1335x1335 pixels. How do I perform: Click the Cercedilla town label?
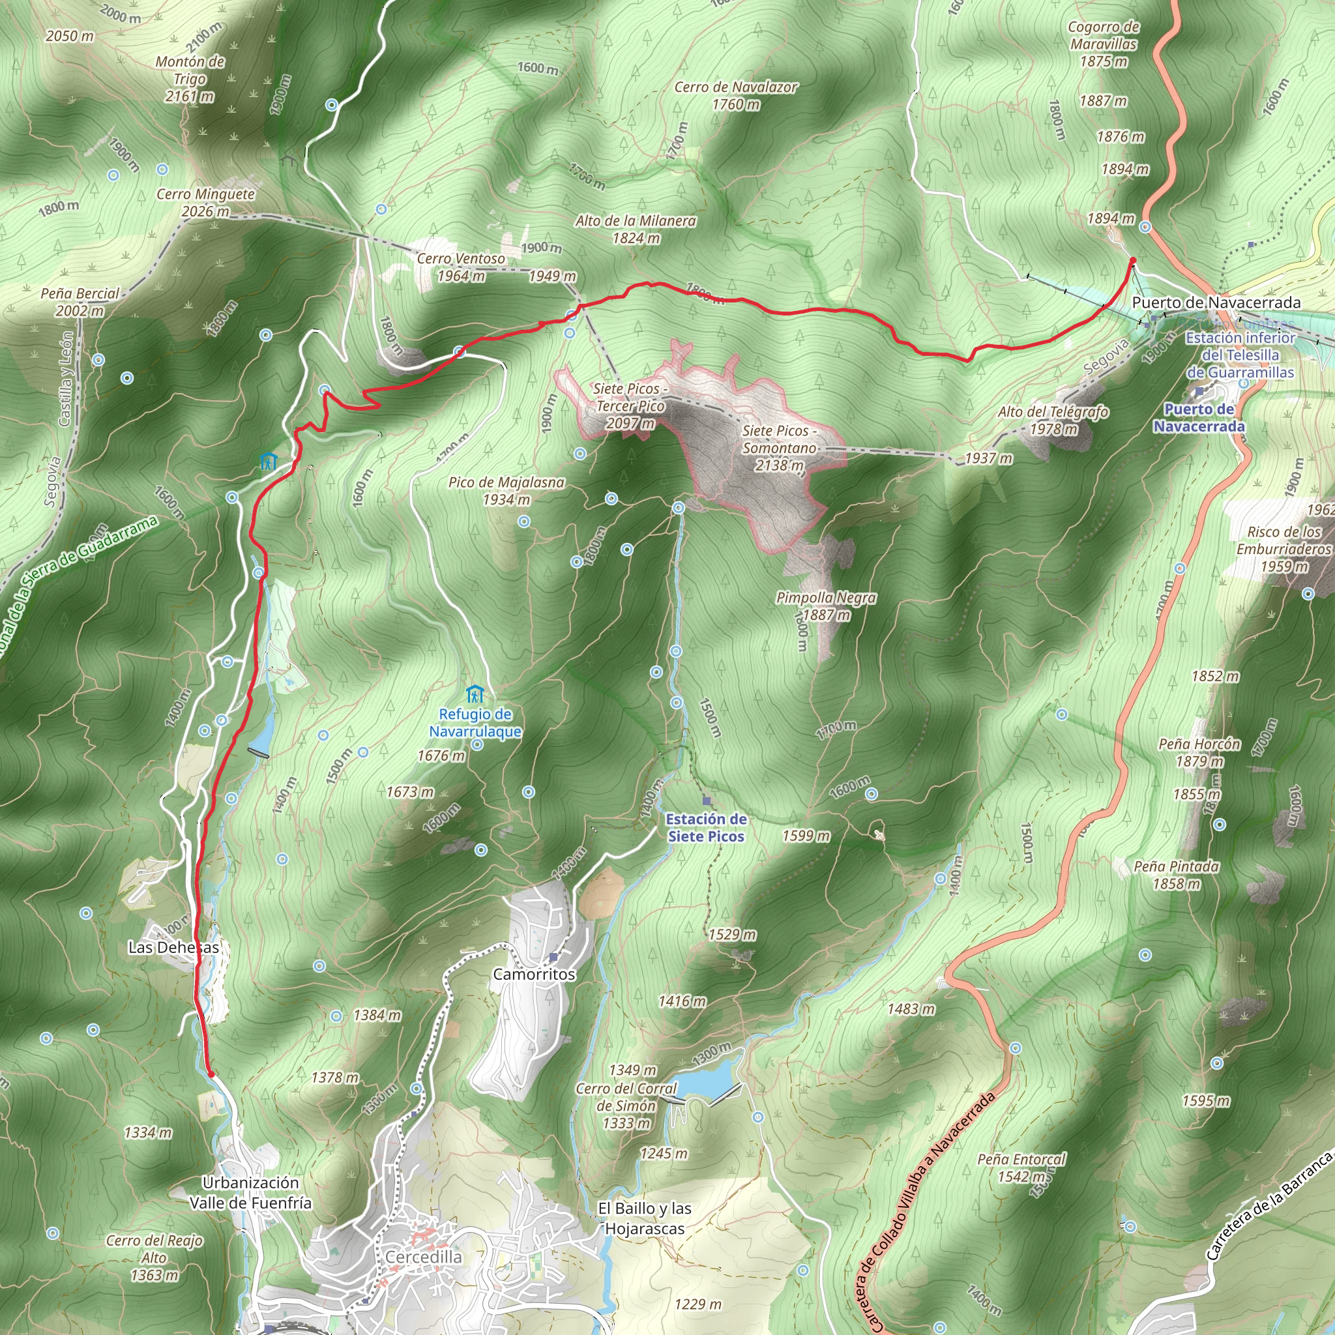pos(423,1257)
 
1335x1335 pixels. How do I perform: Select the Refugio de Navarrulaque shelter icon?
pos(474,694)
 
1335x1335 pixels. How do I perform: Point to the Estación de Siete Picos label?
pos(705,827)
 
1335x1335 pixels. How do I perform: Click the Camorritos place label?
pos(533,975)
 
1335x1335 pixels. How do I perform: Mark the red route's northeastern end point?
pos(1132,261)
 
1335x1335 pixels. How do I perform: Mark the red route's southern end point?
pos(211,1074)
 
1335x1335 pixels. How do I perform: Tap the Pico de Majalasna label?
pos(506,491)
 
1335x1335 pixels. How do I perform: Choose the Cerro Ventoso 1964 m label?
pos(461,267)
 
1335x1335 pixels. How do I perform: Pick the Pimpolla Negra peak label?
pos(826,606)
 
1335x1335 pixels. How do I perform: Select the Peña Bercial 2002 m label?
pos(80,302)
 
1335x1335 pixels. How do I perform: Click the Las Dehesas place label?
pos(173,947)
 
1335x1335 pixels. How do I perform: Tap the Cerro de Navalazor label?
pos(736,95)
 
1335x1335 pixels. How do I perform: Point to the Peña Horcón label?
pos(1199,752)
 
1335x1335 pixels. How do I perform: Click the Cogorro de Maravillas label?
pos(1104,44)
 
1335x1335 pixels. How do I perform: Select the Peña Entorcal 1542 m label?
pos(1021,1167)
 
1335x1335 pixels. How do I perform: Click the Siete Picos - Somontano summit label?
pos(780,447)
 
